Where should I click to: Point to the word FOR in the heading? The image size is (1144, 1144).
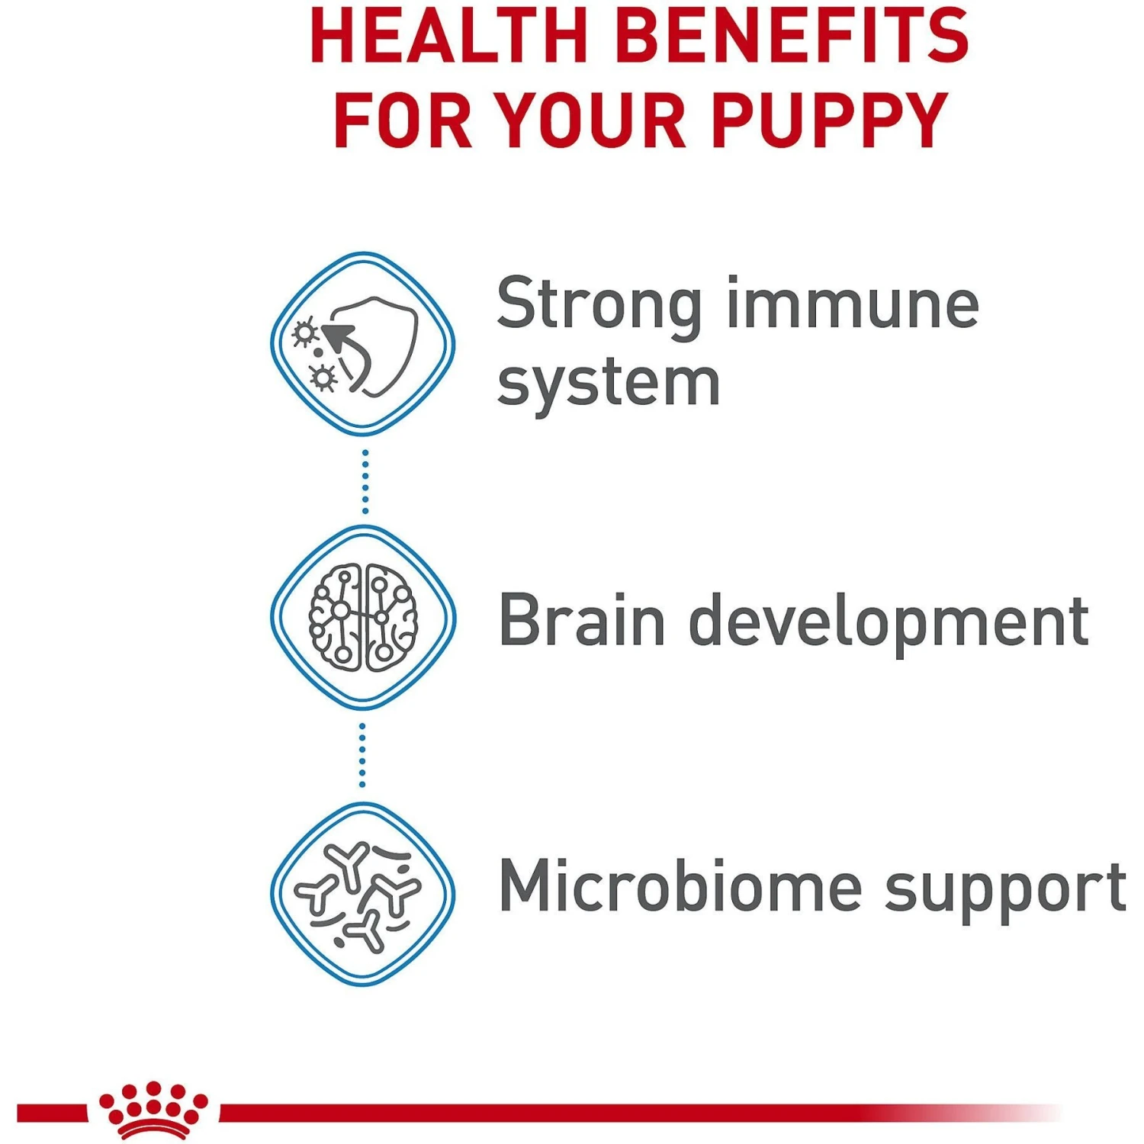tap(403, 120)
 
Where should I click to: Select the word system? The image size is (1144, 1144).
tap(608, 384)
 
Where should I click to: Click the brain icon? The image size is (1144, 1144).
tap(363, 618)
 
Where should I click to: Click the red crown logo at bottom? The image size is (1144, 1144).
tap(153, 1110)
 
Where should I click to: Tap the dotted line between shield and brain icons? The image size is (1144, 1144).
tap(365, 481)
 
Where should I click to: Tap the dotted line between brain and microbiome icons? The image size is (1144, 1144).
tap(362, 755)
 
